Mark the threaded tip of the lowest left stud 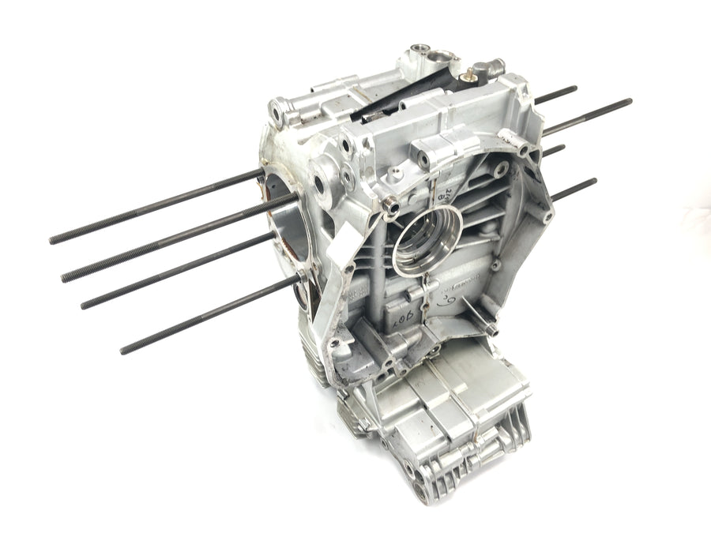coord(126,349)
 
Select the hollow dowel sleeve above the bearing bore coord(390,207)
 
